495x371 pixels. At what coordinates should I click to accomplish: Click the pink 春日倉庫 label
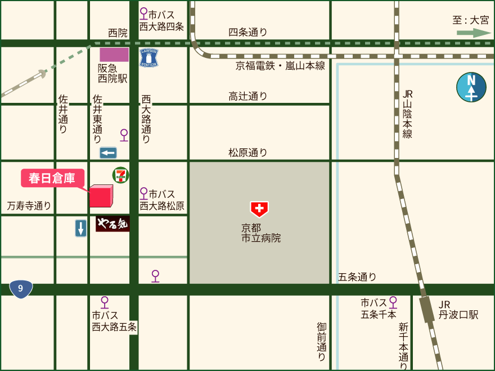(x=52, y=178)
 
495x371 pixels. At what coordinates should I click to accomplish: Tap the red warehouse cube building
(x=102, y=196)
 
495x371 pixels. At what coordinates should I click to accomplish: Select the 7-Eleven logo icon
(x=120, y=175)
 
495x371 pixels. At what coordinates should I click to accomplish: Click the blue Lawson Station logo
(x=149, y=58)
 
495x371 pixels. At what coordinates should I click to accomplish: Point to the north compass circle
(x=471, y=87)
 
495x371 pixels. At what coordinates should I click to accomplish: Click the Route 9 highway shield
(x=21, y=288)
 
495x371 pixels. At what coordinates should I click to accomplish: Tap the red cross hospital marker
(x=259, y=209)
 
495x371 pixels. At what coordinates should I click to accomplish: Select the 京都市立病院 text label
(x=260, y=233)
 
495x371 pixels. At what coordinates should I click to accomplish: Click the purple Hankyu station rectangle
(x=114, y=55)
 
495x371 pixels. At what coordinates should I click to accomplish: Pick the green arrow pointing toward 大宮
(x=474, y=33)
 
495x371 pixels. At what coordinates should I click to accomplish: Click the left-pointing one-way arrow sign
(x=108, y=152)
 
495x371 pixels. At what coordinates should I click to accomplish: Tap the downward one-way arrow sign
(x=81, y=228)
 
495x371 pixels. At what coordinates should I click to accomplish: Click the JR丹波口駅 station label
(x=458, y=310)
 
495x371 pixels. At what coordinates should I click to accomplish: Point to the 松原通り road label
(x=247, y=152)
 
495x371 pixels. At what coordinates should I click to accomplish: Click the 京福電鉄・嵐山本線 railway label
(x=280, y=66)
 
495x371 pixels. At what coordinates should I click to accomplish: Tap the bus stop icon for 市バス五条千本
(x=393, y=302)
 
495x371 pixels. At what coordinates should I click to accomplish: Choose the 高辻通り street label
(x=247, y=96)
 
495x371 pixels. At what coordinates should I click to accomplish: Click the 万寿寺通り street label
(x=29, y=206)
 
